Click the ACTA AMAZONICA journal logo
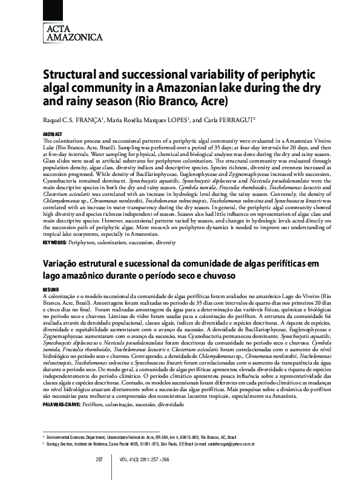tap(65, 32)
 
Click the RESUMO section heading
tap(51, 290)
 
